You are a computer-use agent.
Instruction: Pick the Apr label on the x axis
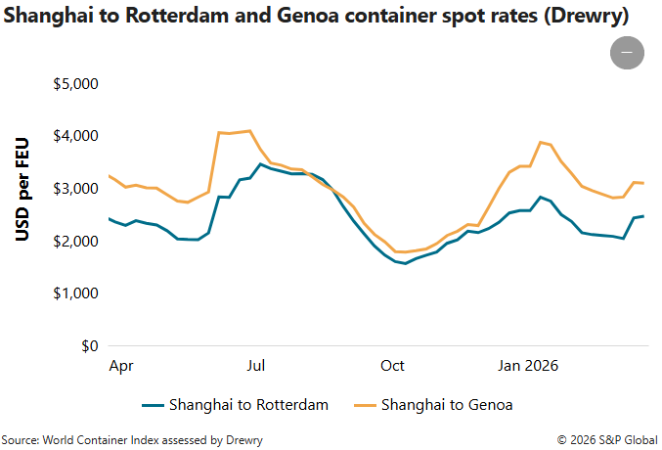(121, 366)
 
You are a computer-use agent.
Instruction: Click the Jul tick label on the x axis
(256, 366)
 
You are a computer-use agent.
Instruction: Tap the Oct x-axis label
(392, 366)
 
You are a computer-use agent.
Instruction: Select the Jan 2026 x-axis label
(528, 366)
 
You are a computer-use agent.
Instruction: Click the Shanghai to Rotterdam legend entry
(235, 404)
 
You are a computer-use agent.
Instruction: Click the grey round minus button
(627, 53)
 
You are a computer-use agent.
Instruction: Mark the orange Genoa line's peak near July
(250, 130)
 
